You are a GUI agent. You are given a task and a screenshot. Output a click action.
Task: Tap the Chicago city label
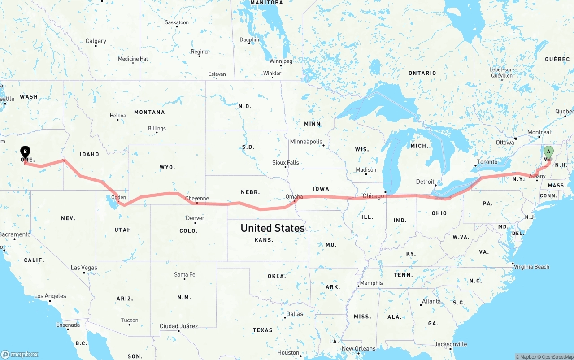click(373, 196)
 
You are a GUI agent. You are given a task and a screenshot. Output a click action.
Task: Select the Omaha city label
click(294, 196)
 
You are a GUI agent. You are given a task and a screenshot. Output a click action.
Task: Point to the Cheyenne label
click(197, 198)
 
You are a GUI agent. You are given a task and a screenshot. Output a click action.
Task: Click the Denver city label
click(195, 218)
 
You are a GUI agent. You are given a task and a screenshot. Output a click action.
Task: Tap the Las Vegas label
click(84, 268)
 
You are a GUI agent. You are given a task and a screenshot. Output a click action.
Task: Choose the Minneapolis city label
click(306, 142)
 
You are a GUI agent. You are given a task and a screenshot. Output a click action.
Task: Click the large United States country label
click(273, 228)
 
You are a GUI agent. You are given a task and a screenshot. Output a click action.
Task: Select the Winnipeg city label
click(281, 61)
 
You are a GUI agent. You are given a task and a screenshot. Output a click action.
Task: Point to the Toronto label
click(487, 162)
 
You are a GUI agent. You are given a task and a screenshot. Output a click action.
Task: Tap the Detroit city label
click(425, 182)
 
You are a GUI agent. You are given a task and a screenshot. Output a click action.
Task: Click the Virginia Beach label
click(532, 267)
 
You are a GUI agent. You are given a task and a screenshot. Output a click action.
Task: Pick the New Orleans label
click(358, 348)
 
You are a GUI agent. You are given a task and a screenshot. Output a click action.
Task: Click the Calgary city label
click(96, 41)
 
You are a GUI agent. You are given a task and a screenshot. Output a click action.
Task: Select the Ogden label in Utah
click(118, 197)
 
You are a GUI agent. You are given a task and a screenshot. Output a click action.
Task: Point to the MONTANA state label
click(149, 112)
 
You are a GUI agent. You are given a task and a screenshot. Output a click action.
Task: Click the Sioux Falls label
click(286, 162)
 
